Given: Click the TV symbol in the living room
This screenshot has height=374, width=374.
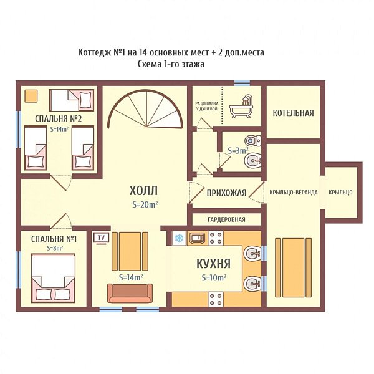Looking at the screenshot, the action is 102,238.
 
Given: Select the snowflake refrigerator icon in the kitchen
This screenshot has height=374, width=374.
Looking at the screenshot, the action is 179,238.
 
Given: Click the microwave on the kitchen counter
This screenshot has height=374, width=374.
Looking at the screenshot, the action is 197,238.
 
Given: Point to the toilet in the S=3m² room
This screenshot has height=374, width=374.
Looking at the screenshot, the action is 253,140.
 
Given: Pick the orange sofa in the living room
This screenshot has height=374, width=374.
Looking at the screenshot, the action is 130,293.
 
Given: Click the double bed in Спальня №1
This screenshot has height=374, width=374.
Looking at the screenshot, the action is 53,278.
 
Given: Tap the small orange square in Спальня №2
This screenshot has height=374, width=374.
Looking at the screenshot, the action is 31,96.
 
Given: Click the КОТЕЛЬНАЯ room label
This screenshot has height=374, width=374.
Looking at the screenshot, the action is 293,113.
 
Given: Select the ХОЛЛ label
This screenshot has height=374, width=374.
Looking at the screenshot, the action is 143,191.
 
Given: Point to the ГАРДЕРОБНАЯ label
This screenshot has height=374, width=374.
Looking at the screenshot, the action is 226,219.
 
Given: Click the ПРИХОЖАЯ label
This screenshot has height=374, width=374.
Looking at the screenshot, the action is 226,193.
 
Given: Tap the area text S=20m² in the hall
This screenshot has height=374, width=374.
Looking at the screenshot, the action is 145,204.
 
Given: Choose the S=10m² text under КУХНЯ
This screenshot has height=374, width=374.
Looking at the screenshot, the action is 214,277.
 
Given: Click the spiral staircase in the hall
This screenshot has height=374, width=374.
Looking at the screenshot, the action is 145,109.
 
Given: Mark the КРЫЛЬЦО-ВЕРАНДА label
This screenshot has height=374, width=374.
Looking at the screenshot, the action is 294,192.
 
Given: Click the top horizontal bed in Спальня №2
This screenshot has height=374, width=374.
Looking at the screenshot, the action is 72,100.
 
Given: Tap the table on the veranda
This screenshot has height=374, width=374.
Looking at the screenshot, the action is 294,267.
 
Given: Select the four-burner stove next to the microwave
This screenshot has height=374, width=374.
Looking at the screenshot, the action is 216,238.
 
